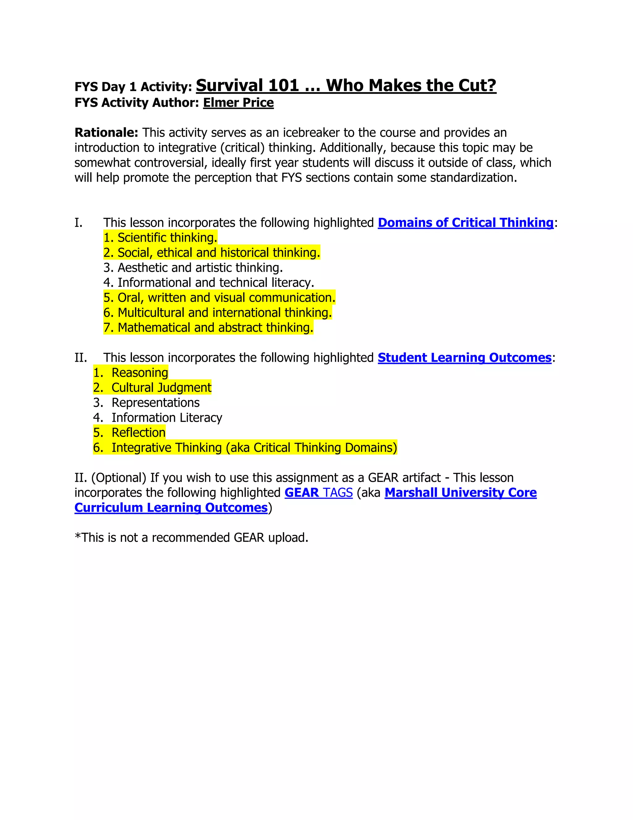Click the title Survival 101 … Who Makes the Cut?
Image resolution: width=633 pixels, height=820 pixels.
click(346, 86)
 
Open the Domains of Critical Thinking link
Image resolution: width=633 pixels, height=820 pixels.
click(465, 223)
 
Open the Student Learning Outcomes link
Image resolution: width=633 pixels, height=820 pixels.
click(464, 358)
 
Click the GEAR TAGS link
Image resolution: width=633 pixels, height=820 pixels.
click(318, 493)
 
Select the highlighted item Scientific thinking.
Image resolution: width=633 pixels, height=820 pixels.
click(160, 238)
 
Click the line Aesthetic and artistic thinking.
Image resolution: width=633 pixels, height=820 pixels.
click(193, 268)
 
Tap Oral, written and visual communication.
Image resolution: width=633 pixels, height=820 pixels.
click(219, 298)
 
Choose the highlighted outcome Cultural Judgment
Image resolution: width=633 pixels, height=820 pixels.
click(161, 388)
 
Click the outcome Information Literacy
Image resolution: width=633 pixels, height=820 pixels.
click(167, 418)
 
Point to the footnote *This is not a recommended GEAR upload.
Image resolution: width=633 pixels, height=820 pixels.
click(191, 538)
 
